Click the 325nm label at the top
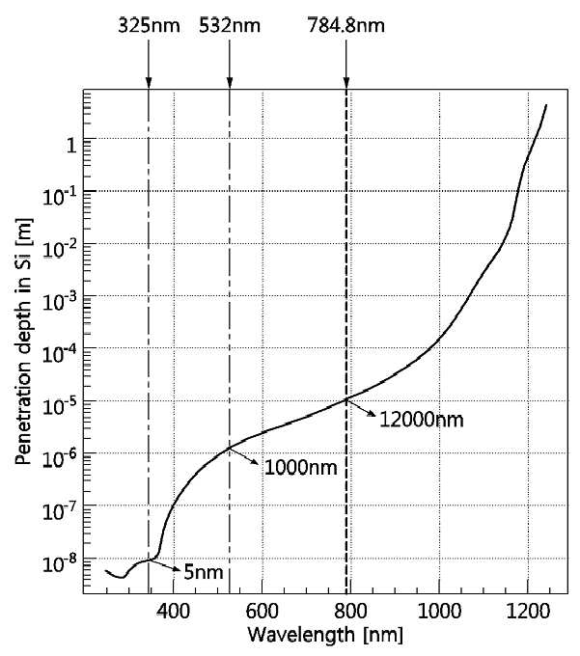[x=149, y=25]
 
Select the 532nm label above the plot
[x=230, y=25]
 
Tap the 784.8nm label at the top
[x=346, y=25]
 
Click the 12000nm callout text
[x=422, y=420]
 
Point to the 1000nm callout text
[x=301, y=467]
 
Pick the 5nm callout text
[x=204, y=572]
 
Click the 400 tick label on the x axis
[x=174, y=612]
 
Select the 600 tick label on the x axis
[x=262, y=612]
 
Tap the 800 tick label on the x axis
[x=350, y=612]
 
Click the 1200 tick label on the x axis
[x=528, y=612]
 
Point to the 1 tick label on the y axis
[x=72, y=145]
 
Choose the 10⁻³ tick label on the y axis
[x=60, y=300]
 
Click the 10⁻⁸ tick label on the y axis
[x=60, y=563]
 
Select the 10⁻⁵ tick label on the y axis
[x=60, y=405]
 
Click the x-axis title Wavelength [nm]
[x=325, y=635]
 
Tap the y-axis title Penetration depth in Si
[x=23, y=341]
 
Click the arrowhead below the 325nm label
[x=149, y=83]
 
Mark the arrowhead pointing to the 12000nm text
[x=372, y=413]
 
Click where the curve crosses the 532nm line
[x=230, y=448]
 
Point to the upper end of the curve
[x=546, y=105]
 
